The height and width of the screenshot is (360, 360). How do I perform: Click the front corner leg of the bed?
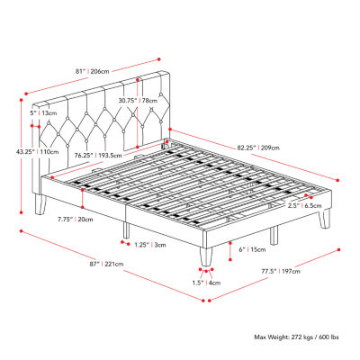[207, 257]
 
